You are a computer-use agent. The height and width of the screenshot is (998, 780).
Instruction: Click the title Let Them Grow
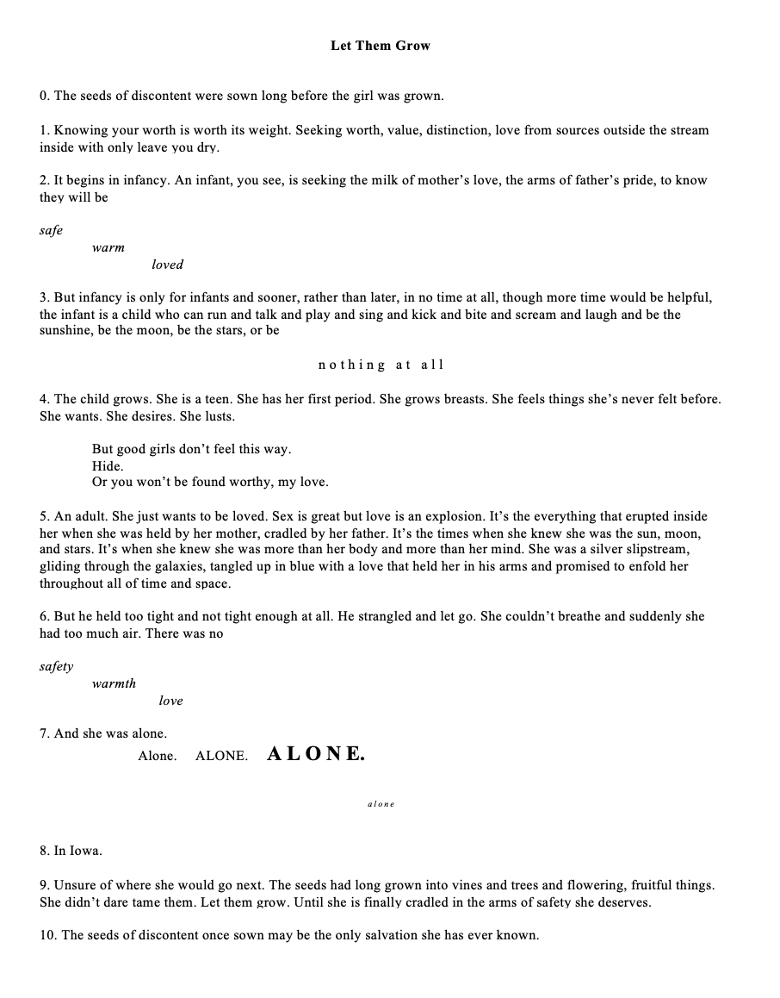(380, 46)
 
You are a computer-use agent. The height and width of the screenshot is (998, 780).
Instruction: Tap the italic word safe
(51, 231)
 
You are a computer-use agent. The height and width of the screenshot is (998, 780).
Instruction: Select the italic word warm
(108, 248)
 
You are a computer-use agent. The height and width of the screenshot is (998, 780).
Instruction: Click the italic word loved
(167, 265)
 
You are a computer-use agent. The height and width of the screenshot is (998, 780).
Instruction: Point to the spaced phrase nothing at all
(381, 365)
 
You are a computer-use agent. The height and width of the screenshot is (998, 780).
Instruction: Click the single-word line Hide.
(108, 465)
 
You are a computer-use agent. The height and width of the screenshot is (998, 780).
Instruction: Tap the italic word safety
(56, 667)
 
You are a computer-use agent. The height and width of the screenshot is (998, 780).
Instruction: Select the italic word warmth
(114, 684)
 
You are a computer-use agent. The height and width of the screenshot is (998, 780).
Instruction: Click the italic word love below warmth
(170, 701)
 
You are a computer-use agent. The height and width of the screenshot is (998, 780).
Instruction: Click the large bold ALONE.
(316, 754)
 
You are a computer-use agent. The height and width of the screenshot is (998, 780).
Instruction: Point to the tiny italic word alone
(381, 804)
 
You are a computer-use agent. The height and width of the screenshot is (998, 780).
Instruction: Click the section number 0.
(44, 96)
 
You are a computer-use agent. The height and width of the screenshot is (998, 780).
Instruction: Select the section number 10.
(47, 935)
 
